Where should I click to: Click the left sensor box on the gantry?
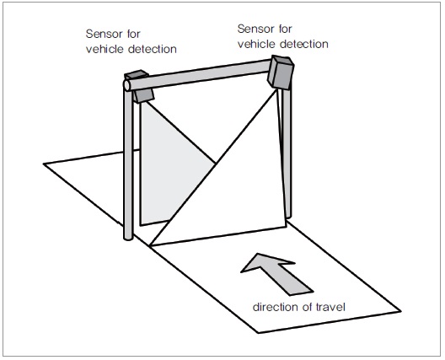140,86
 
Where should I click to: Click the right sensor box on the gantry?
281,73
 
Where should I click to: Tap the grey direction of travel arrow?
276,273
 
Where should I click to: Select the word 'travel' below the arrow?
331,307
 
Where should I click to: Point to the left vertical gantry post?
128,162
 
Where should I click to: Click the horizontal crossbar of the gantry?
199,74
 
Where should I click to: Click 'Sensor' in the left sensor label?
105,34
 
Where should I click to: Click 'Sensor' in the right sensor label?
256,29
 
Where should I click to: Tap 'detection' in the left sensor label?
153,49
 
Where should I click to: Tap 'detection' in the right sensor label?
304,44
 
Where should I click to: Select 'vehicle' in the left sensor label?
105,49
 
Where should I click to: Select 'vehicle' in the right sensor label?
256,44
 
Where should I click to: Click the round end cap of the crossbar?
126,85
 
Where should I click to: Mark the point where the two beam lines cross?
216,163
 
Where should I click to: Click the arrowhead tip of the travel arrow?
258,254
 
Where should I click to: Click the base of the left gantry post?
128,238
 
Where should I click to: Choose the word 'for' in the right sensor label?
285,29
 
